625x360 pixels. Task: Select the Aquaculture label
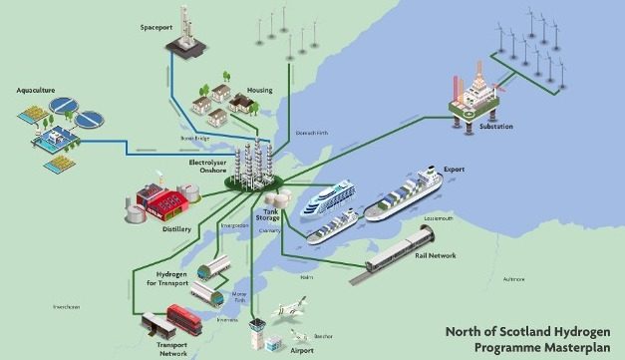33,88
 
